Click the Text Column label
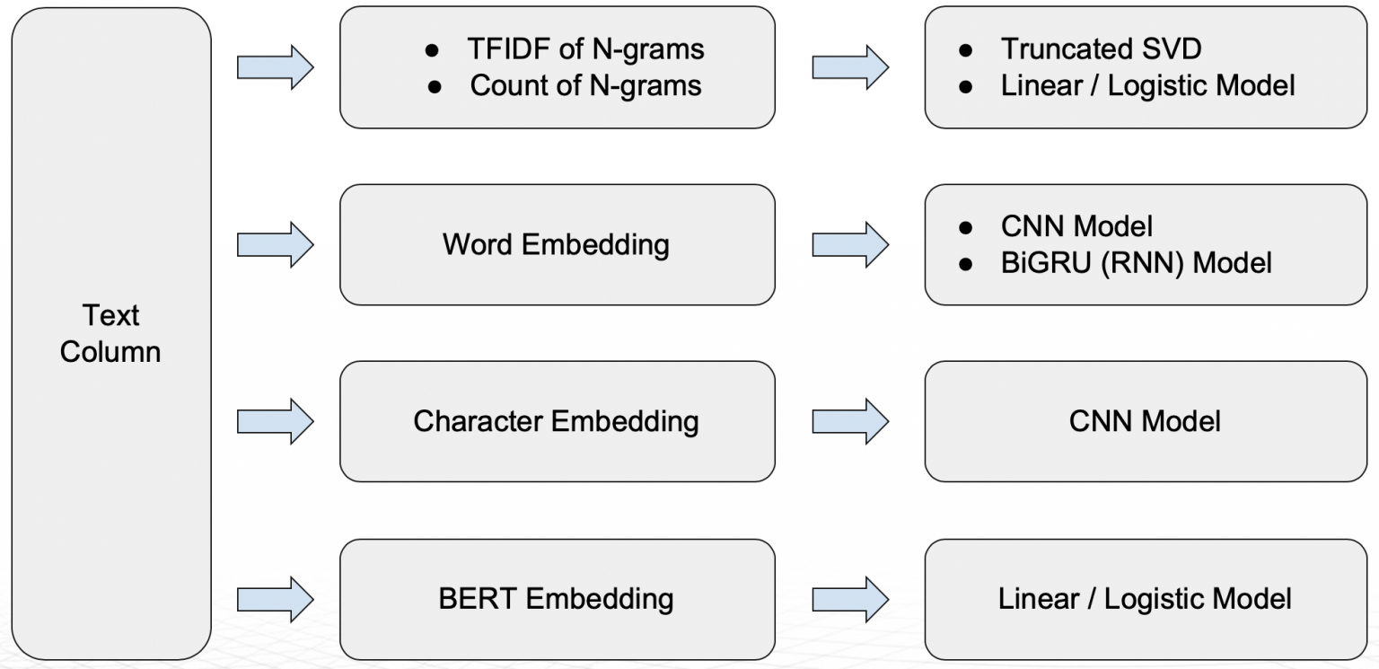tap(110, 333)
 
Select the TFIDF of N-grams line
tap(585, 49)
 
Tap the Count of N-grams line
tap(585, 85)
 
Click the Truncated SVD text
tap(1101, 48)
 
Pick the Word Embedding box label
tap(556, 245)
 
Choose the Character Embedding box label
tap(556, 422)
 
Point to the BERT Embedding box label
tap(556, 599)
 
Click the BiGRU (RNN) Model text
tap(1136, 263)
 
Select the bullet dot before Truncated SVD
tap(965, 50)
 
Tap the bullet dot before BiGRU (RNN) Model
tap(965, 265)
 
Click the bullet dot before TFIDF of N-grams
tap(432, 50)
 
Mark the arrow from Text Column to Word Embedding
tap(276, 245)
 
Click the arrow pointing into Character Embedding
tap(276, 422)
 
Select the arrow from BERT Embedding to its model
tap(850, 599)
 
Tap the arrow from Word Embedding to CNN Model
tap(850, 245)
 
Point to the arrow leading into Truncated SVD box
tap(850, 67)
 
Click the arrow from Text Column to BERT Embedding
tap(276, 599)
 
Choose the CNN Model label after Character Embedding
tap(1145, 422)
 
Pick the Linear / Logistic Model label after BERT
tap(1145, 599)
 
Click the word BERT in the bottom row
tap(477, 599)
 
